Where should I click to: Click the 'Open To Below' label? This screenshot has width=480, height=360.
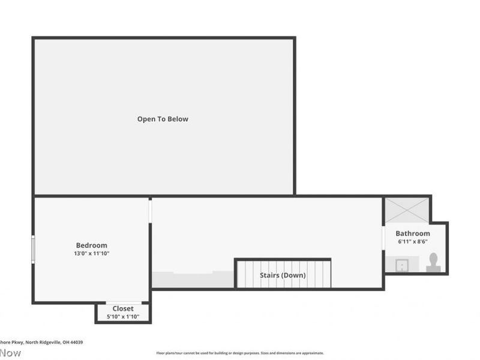pyautogui.click(x=163, y=119)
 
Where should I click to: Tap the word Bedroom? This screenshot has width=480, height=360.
pyautogui.click(x=92, y=245)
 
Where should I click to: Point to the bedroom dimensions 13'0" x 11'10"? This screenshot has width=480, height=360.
pyautogui.click(x=92, y=254)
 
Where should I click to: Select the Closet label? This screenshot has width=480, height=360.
pyautogui.click(x=123, y=308)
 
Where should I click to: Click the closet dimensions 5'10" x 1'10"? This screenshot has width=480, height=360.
pyautogui.click(x=123, y=316)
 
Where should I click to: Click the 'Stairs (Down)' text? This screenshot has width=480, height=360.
pyautogui.click(x=283, y=275)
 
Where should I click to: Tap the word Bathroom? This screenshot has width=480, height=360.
pyautogui.click(x=413, y=233)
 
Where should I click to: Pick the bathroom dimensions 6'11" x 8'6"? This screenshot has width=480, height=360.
pyautogui.click(x=413, y=242)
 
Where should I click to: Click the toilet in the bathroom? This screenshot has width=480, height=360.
pyautogui.click(x=433, y=263)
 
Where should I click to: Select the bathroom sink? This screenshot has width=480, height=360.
pyautogui.click(x=401, y=264)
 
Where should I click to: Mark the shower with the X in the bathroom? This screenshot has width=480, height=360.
pyautogui.click(x=407, y=210)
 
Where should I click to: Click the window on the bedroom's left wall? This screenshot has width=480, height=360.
pyautogui.click(x=33, y=249)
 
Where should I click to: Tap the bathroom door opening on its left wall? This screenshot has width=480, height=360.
pyautogui.click(x=383, y=238)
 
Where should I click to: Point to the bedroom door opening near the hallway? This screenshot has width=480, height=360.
pyautogui.click(x=150, y=211)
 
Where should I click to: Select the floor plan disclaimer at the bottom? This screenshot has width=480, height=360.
pyautogui.click(x=240, y=353)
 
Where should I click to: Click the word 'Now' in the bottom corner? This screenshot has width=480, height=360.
pyautogui.click(x=10, y=353)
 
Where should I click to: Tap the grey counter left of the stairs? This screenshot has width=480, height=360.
pyautogui.click(x=192, y=280)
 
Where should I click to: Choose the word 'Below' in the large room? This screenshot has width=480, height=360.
pyautogui.click(x=178, y=119)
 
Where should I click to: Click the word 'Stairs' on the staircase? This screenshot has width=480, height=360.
pyautogui.click(x=270, y=275)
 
